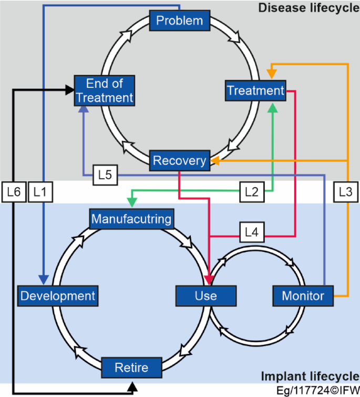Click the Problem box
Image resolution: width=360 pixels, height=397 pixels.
[180, 21]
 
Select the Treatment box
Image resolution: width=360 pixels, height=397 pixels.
[255, 90]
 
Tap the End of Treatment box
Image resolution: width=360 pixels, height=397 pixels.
[104, 90]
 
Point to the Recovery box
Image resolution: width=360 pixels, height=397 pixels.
[179, 160]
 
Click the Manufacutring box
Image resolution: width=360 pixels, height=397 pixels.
[131, 218]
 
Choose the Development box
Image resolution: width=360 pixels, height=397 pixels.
[58, 296]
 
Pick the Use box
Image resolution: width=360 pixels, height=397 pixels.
[205, 296]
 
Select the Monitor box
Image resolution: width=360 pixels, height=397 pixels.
[303, 296]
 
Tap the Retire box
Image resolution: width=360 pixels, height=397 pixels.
[131, 367]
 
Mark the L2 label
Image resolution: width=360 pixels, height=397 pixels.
[252, 192]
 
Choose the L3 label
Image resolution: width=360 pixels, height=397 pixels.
[345, 192]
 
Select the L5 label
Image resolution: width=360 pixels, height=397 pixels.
[105, 175]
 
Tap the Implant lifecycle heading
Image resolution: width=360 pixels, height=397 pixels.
[310, 377]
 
